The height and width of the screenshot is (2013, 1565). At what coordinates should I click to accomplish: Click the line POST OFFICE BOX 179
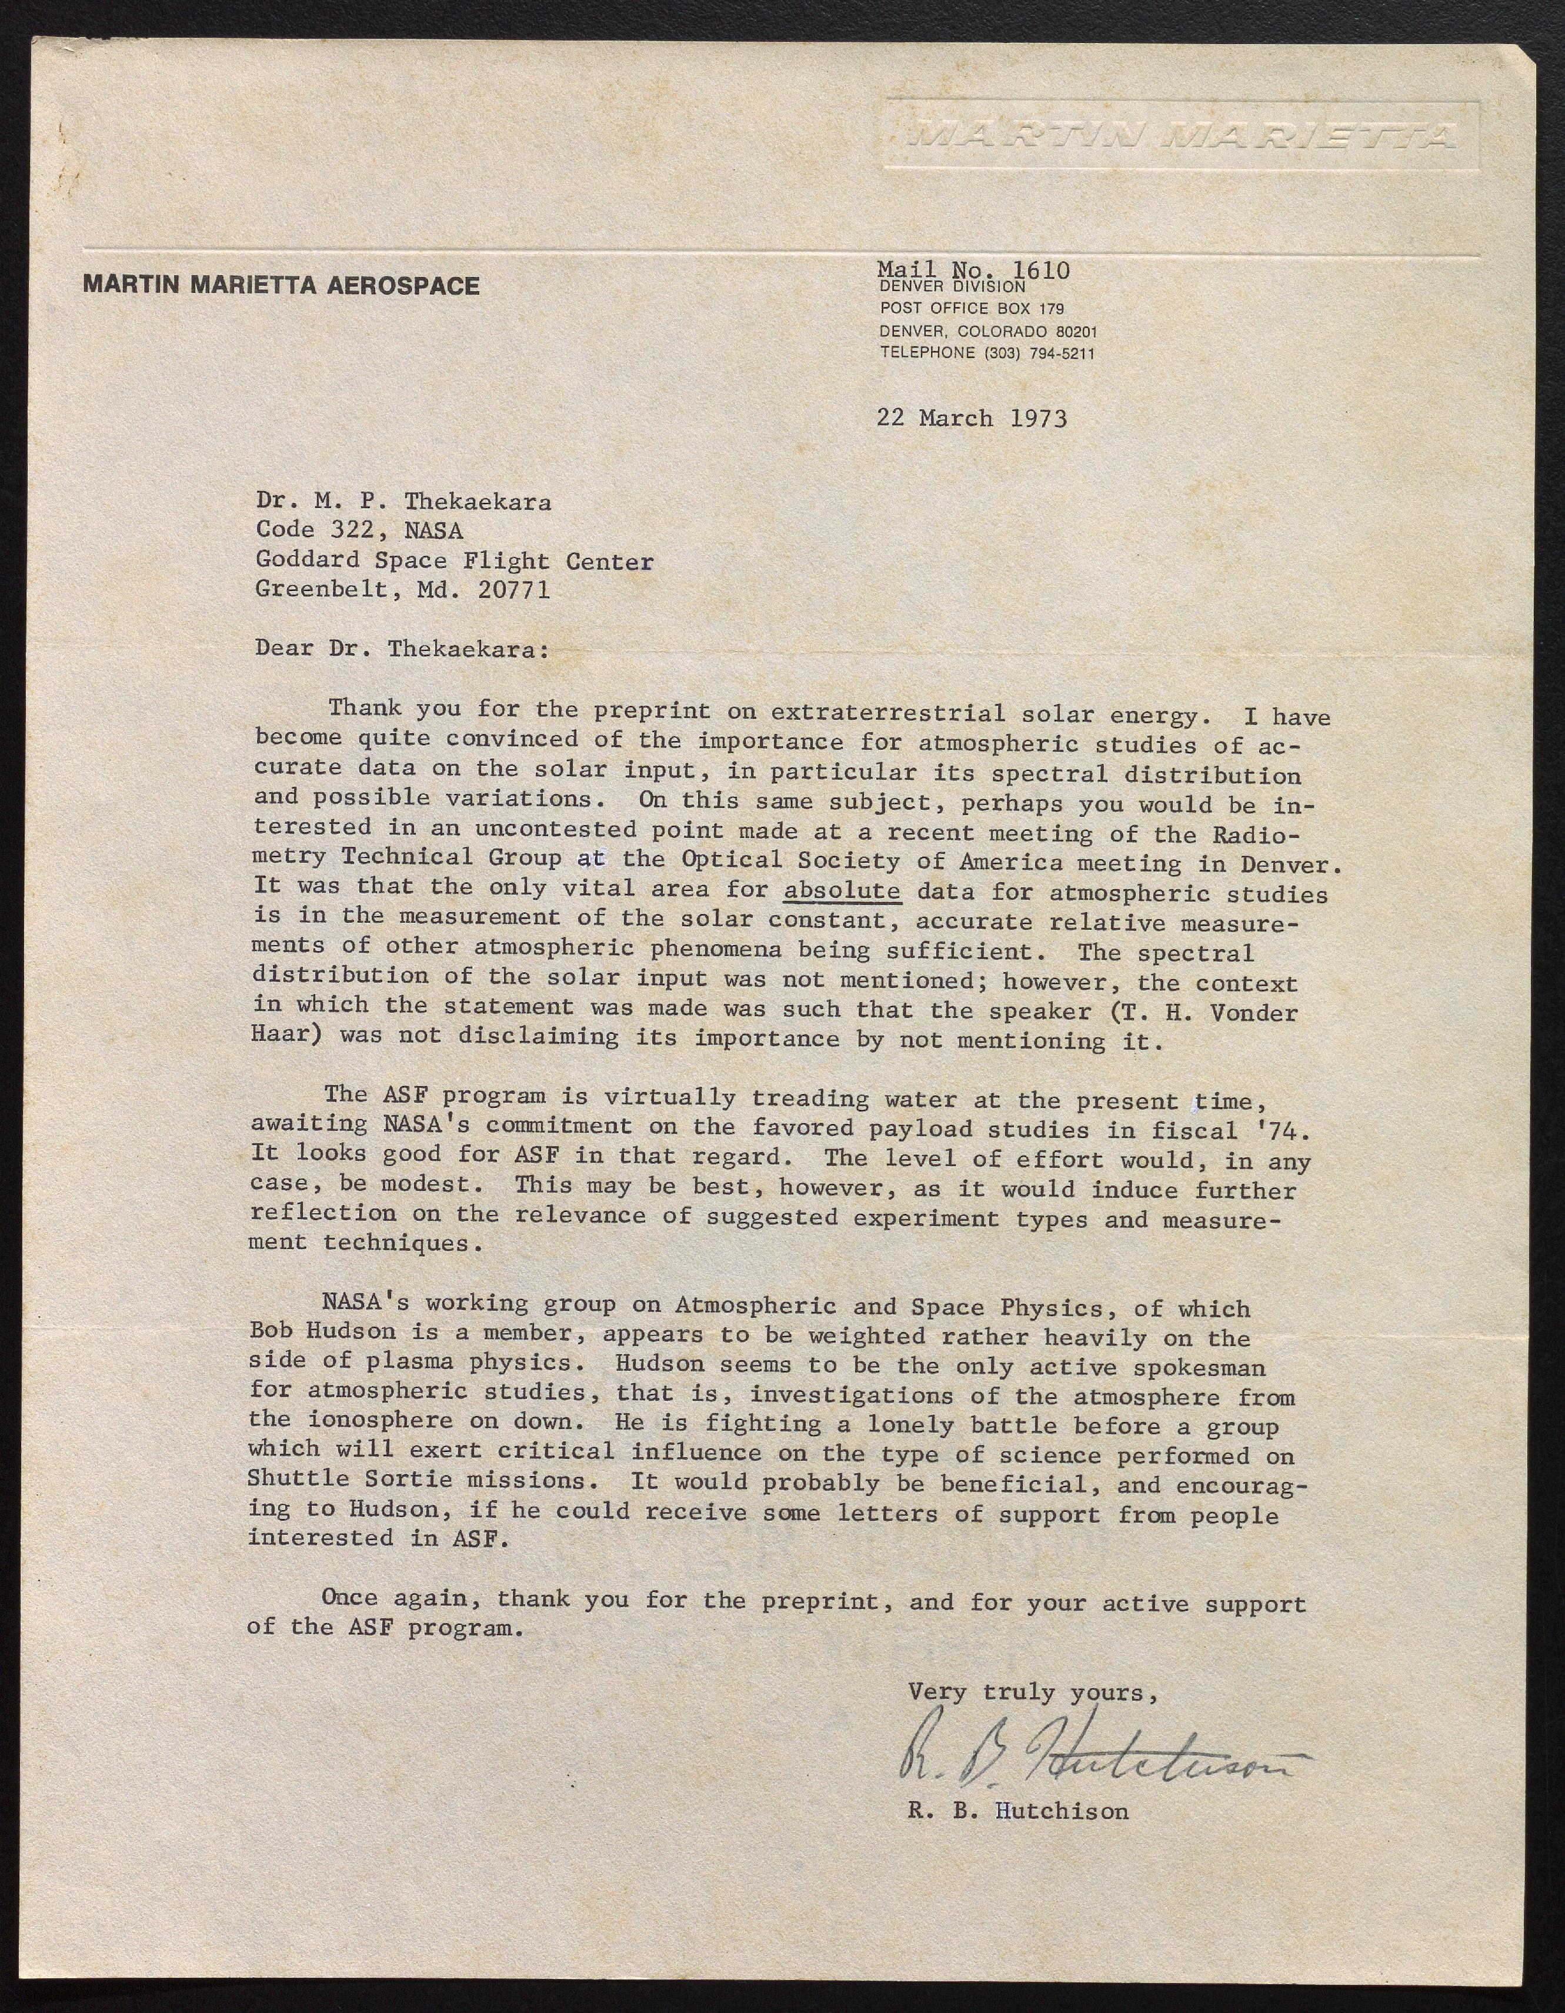[x=972, y=309]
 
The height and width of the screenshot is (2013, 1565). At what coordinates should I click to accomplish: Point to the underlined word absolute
[x=842, y=890]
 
